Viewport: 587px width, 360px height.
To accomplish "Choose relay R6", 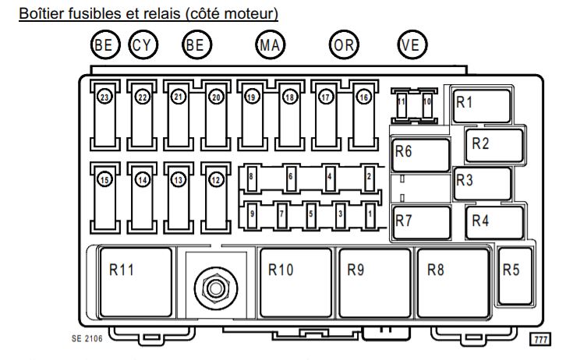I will (421, 154).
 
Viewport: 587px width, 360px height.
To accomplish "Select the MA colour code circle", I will (269, 44).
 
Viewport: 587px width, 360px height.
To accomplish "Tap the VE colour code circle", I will (410, 44).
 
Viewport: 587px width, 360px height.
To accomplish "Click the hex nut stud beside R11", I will (212, 288).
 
